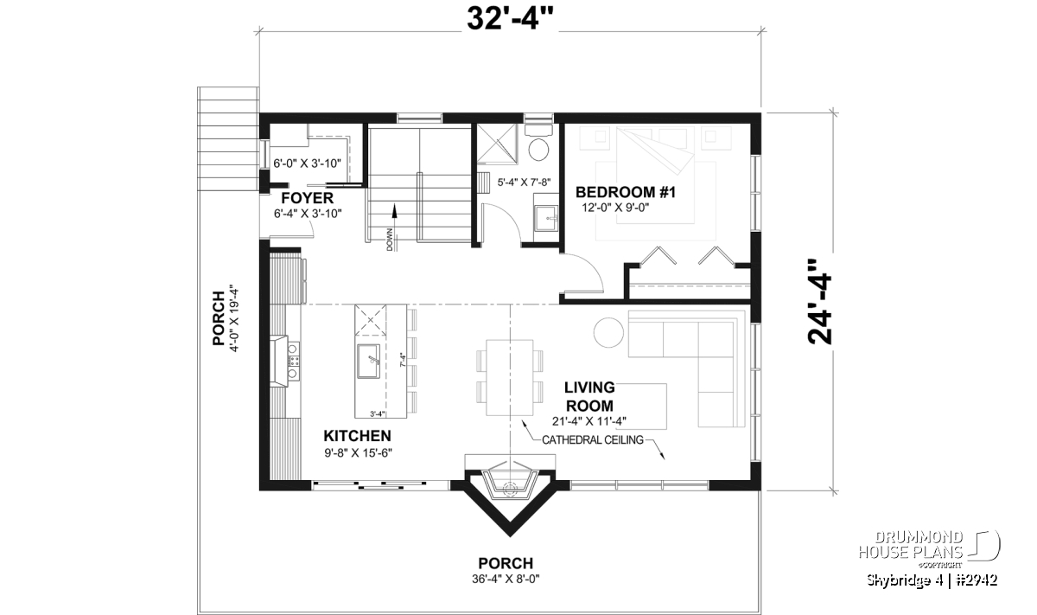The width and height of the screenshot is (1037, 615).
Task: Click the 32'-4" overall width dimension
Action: (510, 19)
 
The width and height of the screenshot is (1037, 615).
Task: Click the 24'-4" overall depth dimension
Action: (819, 302)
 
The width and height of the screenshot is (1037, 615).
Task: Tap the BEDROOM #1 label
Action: (626, 192)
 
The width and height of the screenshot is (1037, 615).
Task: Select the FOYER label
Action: (307, 198)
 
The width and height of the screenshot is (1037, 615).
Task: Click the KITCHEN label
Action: (357, 436)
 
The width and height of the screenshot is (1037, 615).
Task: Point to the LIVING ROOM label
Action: (589, 396)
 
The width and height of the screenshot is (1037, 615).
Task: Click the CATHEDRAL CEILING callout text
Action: (593, 439)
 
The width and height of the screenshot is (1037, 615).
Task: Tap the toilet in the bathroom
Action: (538, 143)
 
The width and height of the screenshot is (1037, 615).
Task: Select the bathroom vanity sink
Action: (546, 218)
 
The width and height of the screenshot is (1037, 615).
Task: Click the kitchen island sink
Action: (368, 361)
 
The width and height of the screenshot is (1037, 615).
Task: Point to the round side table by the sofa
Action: (608, 332)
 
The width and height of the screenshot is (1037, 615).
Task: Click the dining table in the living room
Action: (510, 377)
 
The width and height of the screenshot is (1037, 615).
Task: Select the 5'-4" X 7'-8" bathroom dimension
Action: (524, 183)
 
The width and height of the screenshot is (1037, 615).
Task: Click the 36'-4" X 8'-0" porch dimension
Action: (506, 579)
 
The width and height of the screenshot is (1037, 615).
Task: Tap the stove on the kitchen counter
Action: (293, 361)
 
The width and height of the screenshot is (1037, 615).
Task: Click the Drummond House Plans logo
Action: (929, 549)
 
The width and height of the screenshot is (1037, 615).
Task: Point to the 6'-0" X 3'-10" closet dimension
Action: (307, 163)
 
